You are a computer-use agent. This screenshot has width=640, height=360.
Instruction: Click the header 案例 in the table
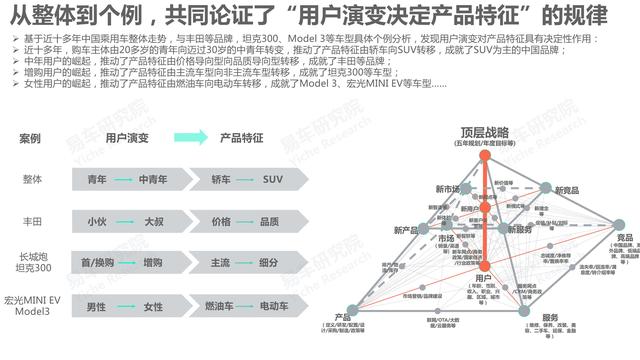tap(31, 137)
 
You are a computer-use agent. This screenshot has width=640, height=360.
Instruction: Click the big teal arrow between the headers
tap(186, 137)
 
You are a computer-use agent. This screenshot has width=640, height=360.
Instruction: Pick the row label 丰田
tap(33, 221)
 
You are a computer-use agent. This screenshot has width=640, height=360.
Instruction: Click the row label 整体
tap(33, 180)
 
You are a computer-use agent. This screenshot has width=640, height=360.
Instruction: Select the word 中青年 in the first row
tap(153, 180)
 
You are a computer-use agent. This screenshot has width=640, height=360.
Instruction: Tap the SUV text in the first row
tap(273, 180)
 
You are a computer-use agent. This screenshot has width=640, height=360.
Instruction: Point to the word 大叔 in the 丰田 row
tap(153, 221)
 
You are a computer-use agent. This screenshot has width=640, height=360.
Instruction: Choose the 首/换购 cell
tap(96, 262)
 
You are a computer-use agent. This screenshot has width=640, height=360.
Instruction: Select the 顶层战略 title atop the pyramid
tap(484, 133)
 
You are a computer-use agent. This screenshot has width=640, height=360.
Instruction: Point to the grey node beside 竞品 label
tap(619, 225)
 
